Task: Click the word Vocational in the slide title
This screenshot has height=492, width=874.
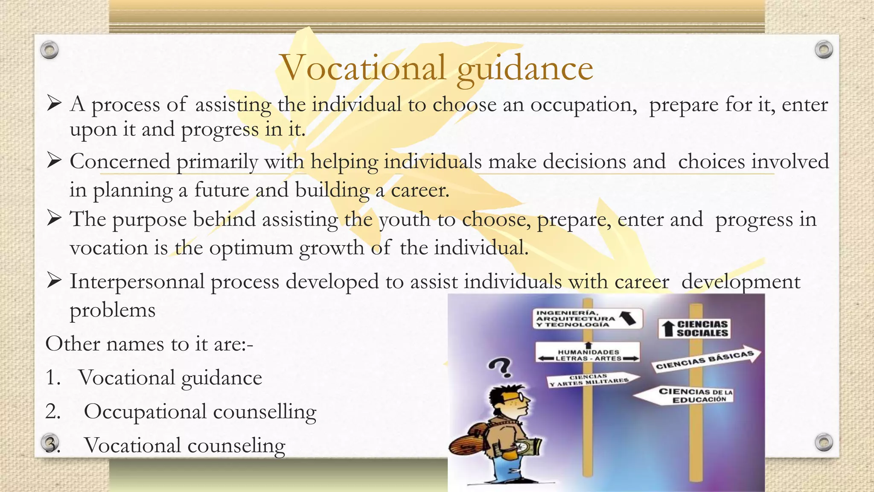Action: click(x=363, y=68)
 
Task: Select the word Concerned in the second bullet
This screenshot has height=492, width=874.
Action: click(x=120, y=162)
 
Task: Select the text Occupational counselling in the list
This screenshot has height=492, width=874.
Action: click(x=200, y=412)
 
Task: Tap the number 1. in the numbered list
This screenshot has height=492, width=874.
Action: click(x=53, y=378)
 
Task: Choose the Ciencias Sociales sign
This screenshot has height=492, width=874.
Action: click(x=694, y=329)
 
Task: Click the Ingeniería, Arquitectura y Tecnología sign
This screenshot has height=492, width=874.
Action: click(x=587, y=319)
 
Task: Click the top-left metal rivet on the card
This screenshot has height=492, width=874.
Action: click(x=50, y=50)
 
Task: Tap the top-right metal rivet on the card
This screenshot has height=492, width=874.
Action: click(x=824, y=50)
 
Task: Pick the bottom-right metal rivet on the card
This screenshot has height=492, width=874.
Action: click(x=824, y=442)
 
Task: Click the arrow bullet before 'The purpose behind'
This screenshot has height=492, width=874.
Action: click(x=55, y=219)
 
